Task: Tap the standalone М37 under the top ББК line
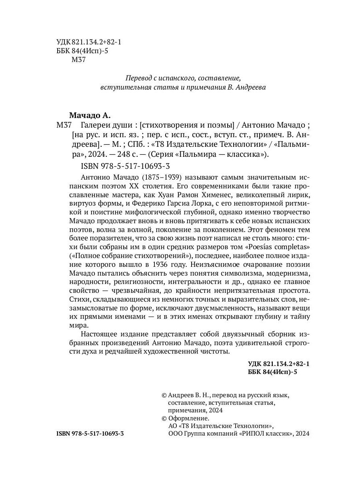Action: click(78, 60)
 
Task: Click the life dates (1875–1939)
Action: click(164, 177)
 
